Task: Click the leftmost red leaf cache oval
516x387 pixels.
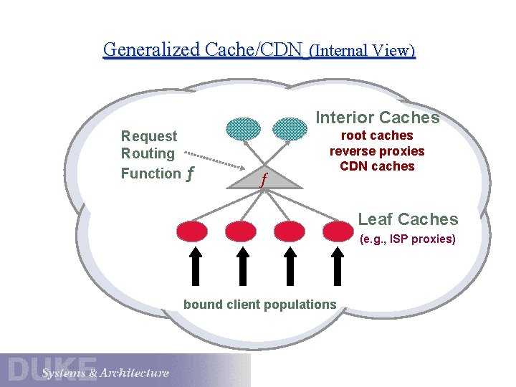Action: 192,231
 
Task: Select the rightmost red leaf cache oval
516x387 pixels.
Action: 338,231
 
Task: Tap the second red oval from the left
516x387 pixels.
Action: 240,231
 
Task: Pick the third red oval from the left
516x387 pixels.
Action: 290,231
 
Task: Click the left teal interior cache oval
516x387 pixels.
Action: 244,128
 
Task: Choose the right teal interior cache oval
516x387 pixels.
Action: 290,128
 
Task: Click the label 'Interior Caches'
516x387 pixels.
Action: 377,118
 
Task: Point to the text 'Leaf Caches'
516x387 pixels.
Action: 407,219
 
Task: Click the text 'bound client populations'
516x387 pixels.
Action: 259,305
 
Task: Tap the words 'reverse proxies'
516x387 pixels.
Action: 377,151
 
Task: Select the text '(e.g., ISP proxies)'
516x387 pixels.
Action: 407,239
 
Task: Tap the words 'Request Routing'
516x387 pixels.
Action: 148,145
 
